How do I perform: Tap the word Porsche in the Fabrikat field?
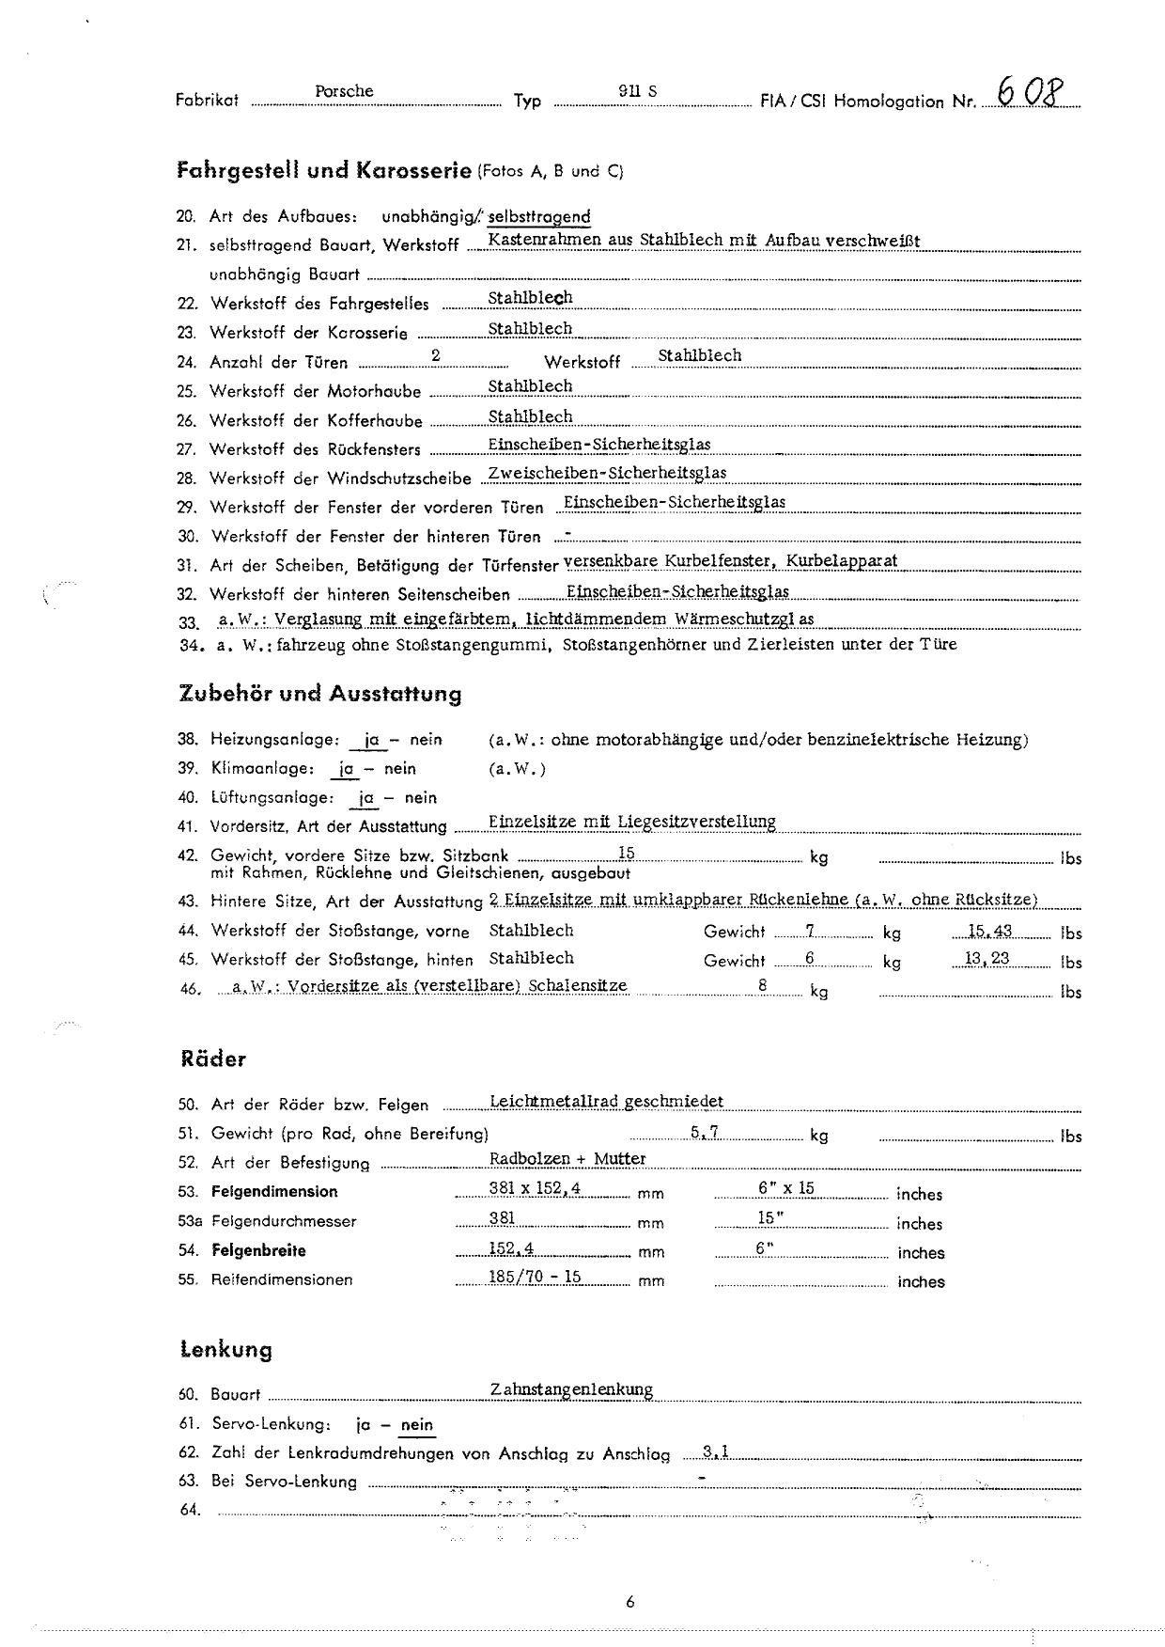pos(344,91)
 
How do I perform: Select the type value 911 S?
pos(638,91)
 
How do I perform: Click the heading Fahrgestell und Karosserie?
pos(323,170)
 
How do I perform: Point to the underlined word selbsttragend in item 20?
pos(539,216)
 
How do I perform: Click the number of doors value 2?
pos(435,355)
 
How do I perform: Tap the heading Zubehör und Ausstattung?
pos(319,694)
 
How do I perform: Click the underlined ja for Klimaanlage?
pos(347,768)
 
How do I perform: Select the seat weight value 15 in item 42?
pos(627,853)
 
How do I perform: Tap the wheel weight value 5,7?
pos(705,1132)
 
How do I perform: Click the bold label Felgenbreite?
pos(258,1250)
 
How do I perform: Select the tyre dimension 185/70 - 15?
pos(536,1277)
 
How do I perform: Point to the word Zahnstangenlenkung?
pos(571,1388)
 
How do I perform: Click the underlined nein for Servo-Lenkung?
pos(417,1424)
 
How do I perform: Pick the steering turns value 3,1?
pos(715,1452)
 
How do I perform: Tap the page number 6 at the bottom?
pos(629,1602)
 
